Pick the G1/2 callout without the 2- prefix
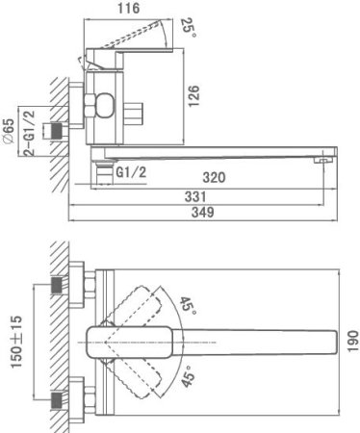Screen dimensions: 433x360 point(131,171)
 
